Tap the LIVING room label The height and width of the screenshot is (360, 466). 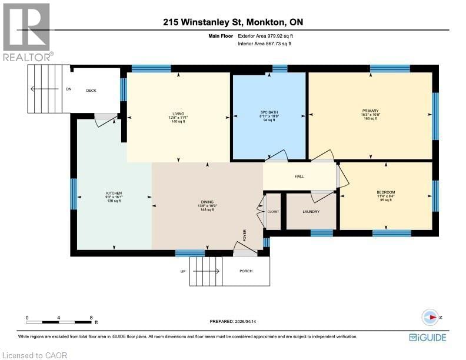coord(178,114)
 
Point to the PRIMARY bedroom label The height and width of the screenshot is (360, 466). coord(371,111)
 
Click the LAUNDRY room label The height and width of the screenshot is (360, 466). coord(311,212)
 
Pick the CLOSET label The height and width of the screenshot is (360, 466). coord(274,212)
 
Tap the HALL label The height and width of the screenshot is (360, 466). coord(299,176)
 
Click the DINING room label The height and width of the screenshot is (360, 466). coord(207,201)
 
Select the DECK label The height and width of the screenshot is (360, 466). coord(91,91)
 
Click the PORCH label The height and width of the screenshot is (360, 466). coord(246,271)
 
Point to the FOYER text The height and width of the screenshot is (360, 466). coord(245,235)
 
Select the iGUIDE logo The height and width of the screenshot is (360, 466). coord(428,337)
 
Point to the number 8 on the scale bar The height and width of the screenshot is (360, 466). coord(91,318)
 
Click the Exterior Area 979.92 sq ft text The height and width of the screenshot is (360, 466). coord(265,36)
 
